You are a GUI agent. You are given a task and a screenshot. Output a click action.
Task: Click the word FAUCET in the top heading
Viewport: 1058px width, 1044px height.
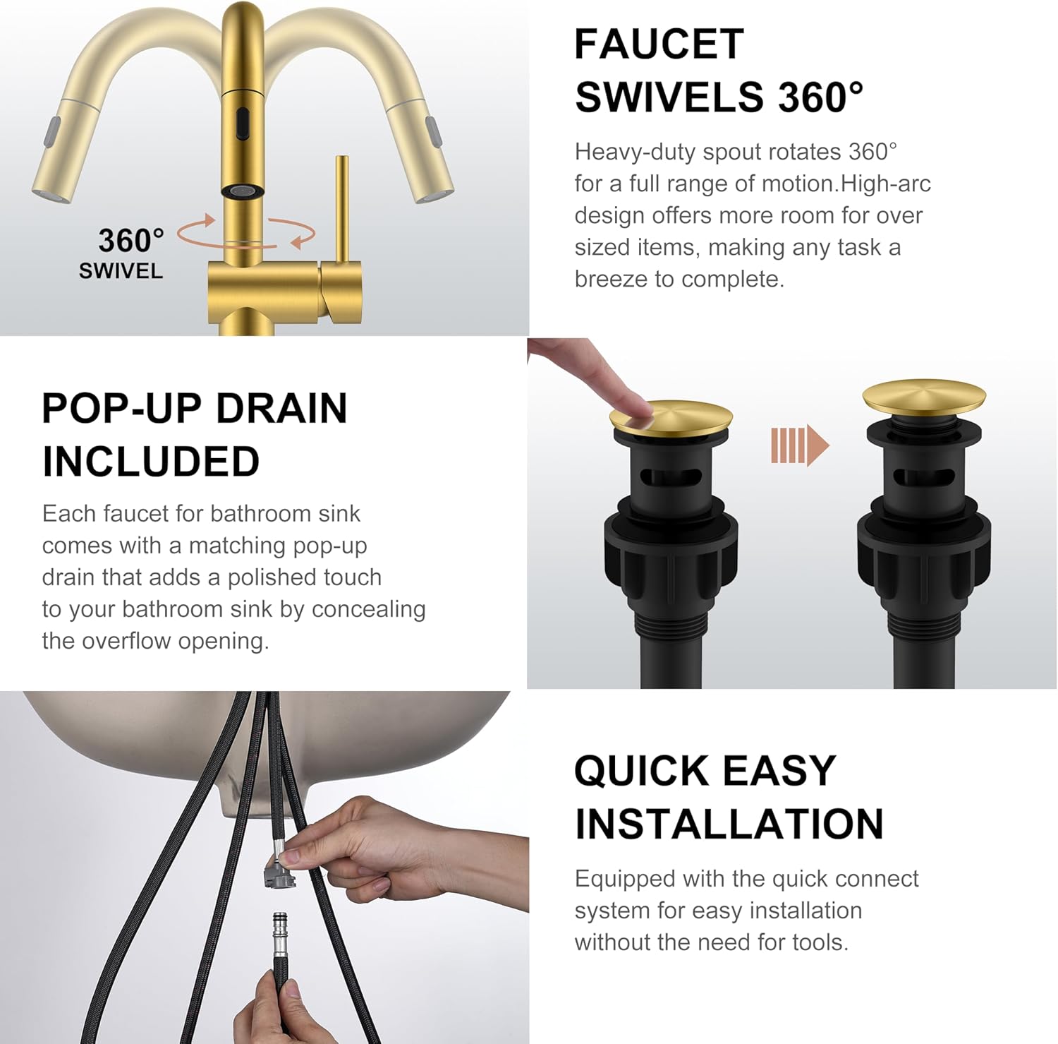tap(659, 44)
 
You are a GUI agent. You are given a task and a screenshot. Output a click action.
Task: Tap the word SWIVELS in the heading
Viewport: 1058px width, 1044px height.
tap(669, 97)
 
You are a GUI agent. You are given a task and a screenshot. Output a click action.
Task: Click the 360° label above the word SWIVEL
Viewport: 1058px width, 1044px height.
tap(130, 241)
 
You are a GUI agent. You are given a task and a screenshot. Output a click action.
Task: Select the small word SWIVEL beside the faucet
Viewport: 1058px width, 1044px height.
tap(121, 271)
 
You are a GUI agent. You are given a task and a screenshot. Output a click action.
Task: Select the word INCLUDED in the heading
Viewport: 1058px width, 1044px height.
tap(151, 462)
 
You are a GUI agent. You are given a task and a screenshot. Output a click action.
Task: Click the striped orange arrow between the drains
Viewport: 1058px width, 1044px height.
tap(799, 445)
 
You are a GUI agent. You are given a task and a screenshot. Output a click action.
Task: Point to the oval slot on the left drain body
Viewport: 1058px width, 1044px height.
tap(671, 476)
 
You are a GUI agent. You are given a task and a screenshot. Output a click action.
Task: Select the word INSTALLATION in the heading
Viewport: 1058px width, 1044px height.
tap(729, 824)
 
